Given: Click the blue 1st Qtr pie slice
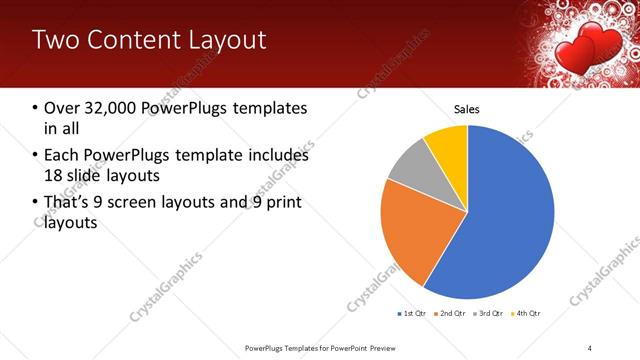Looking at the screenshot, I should coord(505,215).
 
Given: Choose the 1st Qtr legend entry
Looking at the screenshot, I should coord(413,314).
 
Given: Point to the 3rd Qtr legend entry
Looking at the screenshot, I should coord(490,314).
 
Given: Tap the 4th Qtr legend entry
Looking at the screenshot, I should coord(526,314).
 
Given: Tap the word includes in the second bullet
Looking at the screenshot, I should coord(273,156).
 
